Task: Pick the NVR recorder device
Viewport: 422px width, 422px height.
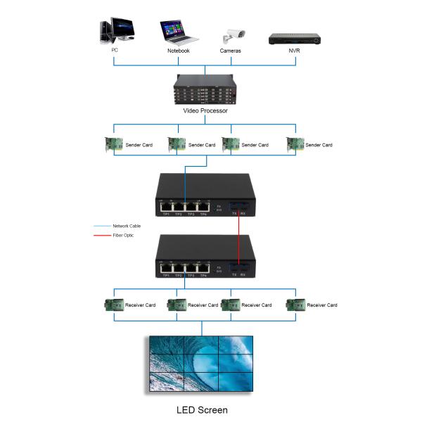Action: [294, 39]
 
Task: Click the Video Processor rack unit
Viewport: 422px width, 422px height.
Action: [205, 89]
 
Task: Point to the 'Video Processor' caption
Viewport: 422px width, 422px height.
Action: [205, 110]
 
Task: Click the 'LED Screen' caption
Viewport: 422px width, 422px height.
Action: [201, 409]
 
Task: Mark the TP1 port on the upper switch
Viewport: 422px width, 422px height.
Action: [167, 205]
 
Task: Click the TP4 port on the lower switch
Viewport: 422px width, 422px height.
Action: [203, 267]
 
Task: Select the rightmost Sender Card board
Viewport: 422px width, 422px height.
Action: [295, 145]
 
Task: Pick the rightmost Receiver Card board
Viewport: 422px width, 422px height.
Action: [295, 305]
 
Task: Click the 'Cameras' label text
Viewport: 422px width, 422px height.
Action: [233, 51]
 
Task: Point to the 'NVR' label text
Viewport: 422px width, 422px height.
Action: [294, 51]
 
